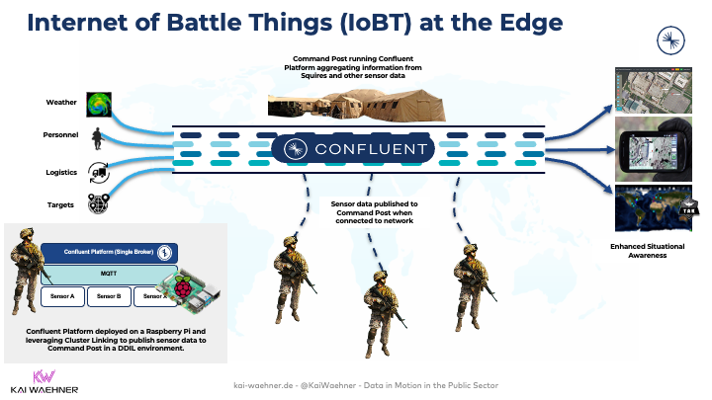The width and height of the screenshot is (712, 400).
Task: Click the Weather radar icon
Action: click(99, 104)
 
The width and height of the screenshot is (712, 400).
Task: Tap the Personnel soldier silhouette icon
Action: click(97, 136)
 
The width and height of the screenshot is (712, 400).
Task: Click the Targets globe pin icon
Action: click(98, 203)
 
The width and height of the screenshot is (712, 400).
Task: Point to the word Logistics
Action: click(61, 171)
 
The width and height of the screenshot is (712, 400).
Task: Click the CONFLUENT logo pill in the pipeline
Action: click(355, 149)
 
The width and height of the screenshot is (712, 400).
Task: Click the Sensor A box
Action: click(59, 295)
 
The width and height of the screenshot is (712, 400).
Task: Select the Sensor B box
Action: click(111, 295)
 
